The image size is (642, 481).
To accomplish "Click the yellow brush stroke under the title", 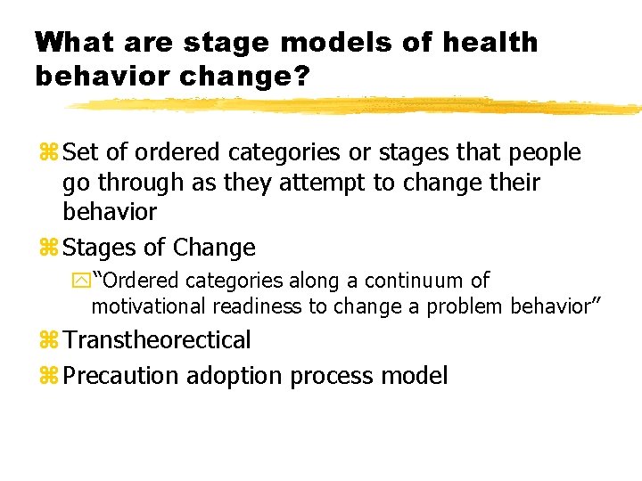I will coord(357,105).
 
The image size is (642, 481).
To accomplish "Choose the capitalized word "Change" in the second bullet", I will coord(215,247).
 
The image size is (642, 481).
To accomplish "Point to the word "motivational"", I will coord(148,306).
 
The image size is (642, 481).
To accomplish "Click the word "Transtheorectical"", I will coord(158,339).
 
